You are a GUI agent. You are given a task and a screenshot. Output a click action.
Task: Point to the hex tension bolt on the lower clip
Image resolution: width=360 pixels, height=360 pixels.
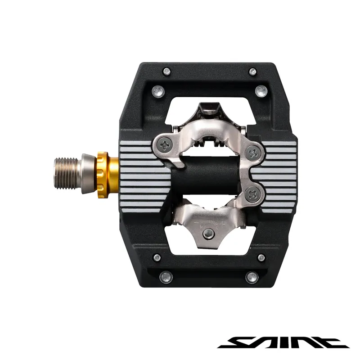click(208, 233)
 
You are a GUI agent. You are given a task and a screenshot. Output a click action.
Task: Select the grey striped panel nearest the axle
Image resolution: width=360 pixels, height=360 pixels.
click(144, 175)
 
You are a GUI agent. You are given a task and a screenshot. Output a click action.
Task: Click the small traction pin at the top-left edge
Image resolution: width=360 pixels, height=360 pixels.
click(166, 71)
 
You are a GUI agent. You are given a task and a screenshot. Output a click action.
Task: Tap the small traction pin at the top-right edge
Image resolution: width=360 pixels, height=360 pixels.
click(252, 71)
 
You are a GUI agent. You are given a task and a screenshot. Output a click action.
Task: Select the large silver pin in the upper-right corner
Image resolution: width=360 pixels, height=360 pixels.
click(261, 91)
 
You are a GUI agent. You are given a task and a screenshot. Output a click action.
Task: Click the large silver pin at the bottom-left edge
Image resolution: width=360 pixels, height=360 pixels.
click(166, 278)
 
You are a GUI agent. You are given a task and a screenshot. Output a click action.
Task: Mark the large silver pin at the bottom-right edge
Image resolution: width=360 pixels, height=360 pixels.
click(252, 277)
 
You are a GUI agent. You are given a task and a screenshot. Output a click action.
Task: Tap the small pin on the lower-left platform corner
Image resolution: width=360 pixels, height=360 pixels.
click(157, 258)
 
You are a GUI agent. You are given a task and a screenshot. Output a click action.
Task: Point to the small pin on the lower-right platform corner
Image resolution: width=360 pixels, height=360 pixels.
click(261, 258)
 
